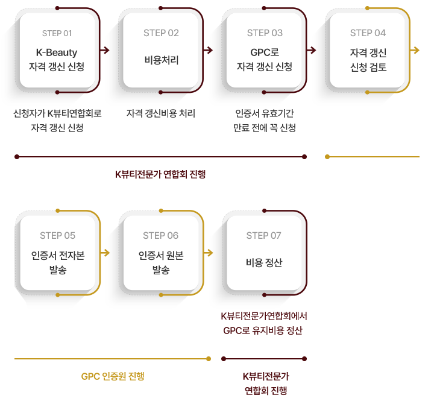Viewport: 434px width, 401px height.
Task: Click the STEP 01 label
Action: (x=57, y=33)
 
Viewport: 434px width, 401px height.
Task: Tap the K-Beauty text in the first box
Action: (x=57, y=52)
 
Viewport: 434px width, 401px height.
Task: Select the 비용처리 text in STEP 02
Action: (x=161, y=60)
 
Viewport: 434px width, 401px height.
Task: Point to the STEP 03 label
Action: (x=265, y=33)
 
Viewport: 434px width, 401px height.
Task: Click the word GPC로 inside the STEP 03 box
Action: (x=265, y=52)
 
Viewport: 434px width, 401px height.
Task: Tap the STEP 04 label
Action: (x=368, y=33)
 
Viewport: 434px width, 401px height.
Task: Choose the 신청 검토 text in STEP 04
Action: (x=368, y=68)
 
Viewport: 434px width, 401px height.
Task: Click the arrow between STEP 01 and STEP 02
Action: (x=107, y=50)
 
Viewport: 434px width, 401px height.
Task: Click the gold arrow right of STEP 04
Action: (x=415, y=50)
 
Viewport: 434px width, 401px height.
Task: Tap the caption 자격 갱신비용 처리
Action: (x=161, y=113)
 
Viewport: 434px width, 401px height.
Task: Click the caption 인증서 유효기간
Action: (x=265, y=113)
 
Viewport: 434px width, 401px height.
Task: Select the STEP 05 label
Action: (x=57, y=236)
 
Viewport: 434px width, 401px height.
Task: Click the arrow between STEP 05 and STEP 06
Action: (x=107, y=253)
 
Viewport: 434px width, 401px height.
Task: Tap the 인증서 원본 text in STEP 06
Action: (x=161, y=256)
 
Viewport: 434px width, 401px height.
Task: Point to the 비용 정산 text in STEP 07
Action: (x=264, y=262)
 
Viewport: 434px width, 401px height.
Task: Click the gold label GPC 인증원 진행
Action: (x=113, y=377)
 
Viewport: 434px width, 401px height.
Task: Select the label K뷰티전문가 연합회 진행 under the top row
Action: (x=161, y=175)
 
